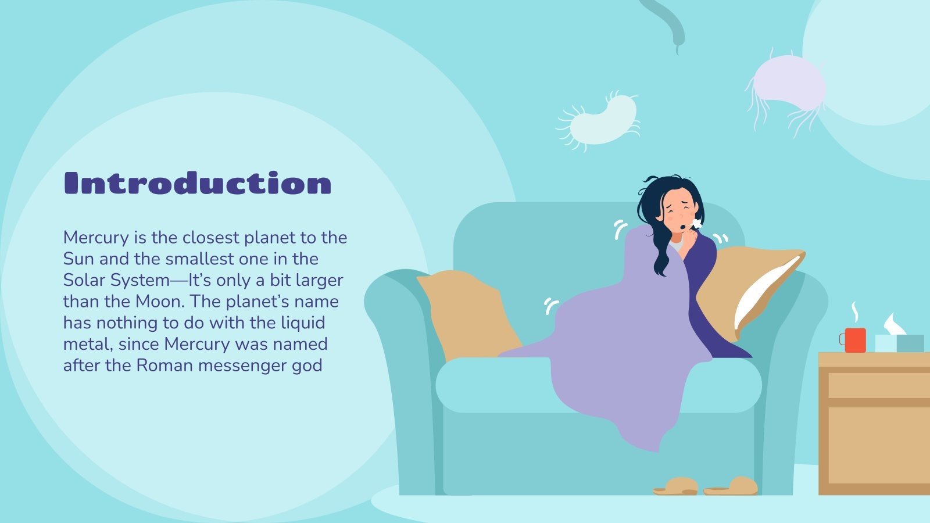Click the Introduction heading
pos(198,183)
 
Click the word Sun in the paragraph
pos(78,259)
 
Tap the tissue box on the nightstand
pos(899,343)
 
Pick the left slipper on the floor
pos(676,486)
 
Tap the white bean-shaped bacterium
pos(600,121)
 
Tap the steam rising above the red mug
pos(855,312)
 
